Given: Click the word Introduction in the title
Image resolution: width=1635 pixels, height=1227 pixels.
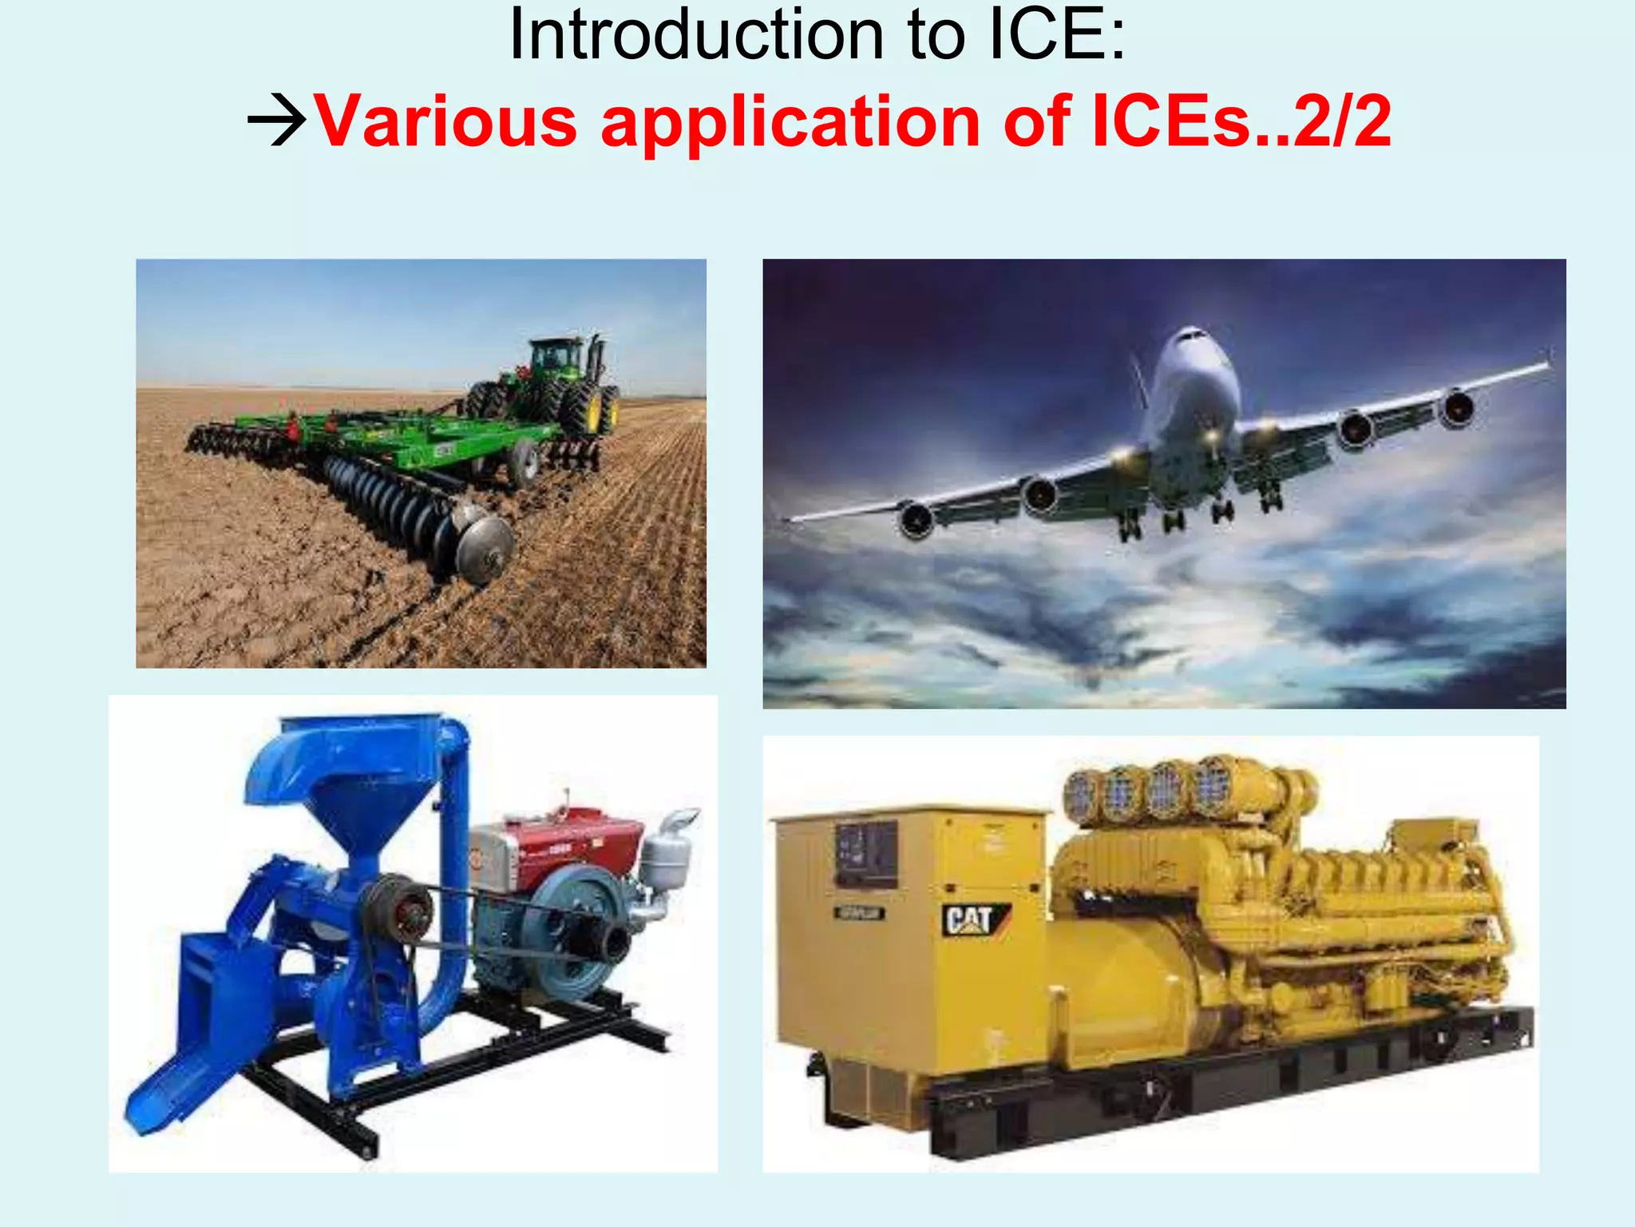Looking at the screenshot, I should [x=696, y=35].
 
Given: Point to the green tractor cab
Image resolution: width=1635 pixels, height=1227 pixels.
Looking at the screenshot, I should [x=559, y=356].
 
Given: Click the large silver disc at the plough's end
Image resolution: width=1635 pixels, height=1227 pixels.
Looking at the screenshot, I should [x=482, y=543].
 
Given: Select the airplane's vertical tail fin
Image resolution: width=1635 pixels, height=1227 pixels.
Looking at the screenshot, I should [x=1138, y=379].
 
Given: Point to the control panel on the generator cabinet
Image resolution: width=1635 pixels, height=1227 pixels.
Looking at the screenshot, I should [x=865, y=855].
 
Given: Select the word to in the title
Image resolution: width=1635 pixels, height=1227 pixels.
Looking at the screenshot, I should [x=936, y=35].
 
